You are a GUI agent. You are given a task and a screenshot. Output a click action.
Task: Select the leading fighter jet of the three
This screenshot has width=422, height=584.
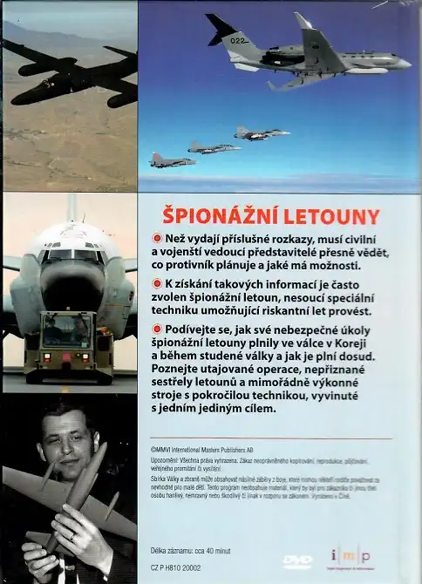click(x=262, y=133)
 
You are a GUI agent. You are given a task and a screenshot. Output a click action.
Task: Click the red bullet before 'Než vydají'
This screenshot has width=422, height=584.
click(x=157, y=238)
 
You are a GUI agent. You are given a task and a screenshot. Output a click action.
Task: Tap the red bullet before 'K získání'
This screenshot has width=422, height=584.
click(x=157, y=283)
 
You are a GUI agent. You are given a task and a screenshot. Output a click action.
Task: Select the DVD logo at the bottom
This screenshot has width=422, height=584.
click(x=297, y=560)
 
